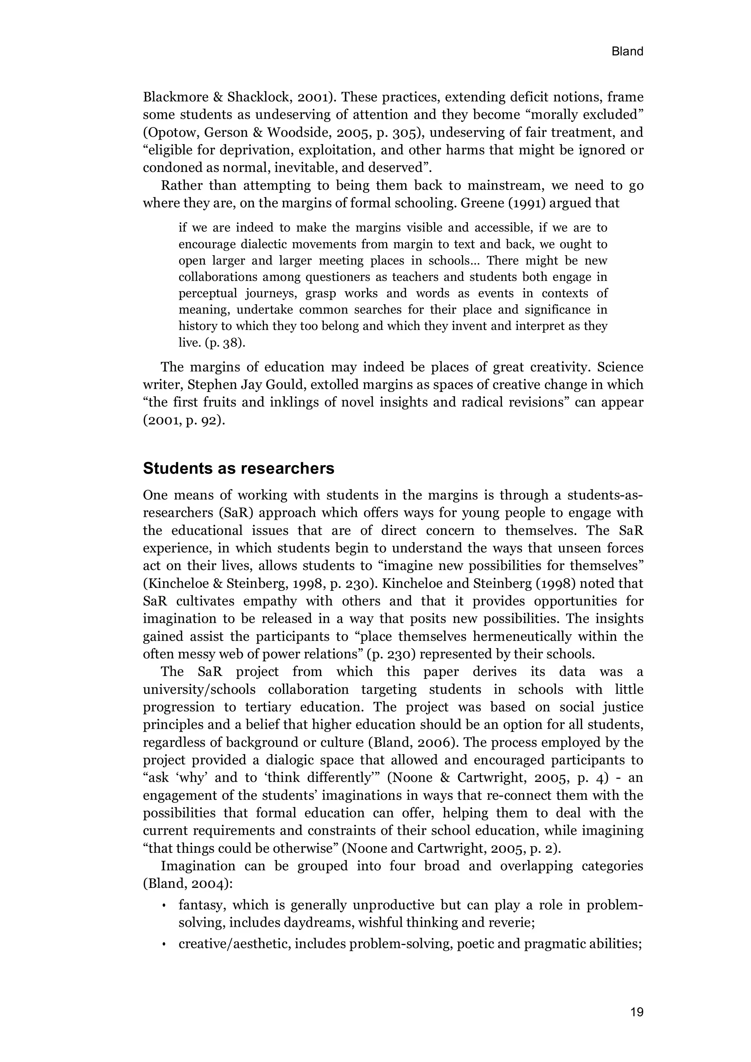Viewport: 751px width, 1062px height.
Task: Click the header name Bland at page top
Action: coord(627,51)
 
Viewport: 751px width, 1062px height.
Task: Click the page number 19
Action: coord(636,1012)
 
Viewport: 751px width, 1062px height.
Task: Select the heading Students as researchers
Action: coord(238,468)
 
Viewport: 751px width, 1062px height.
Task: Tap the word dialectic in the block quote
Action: coord(270,244)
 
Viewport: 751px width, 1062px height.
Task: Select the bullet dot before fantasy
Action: coord(164,906)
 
